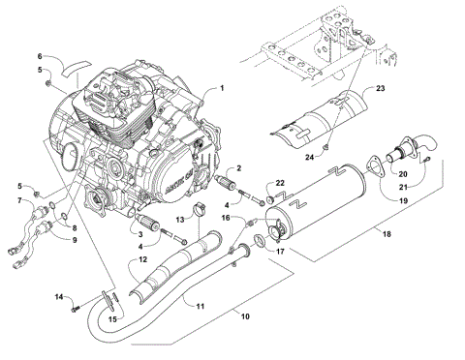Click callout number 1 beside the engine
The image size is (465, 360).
point(221,88)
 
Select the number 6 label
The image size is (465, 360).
point(41,56)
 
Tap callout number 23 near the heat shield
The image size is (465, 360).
point(381,89)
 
